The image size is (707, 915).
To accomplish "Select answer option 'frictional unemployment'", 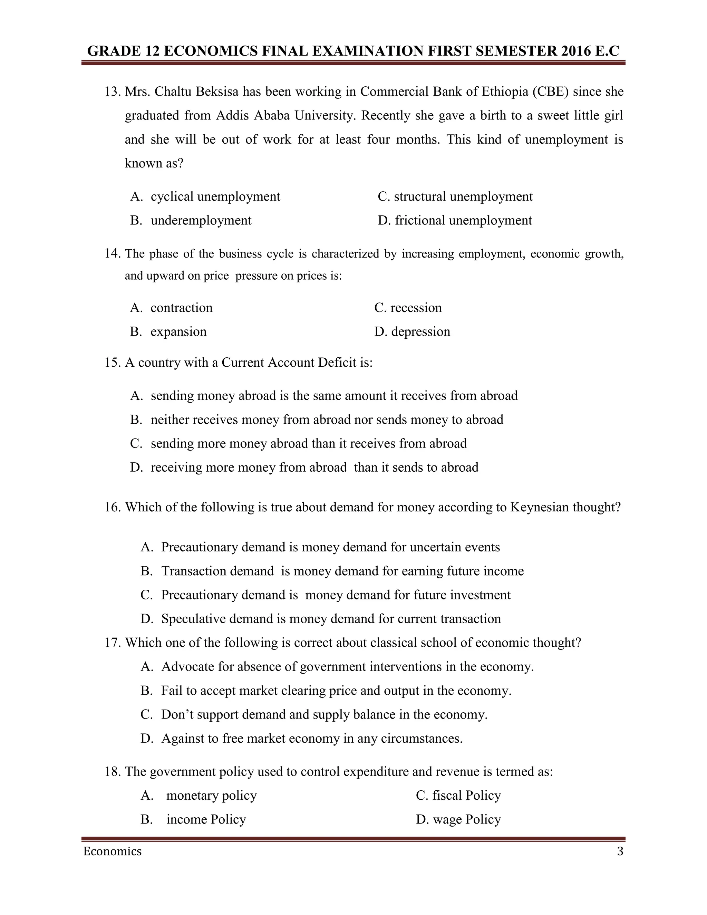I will (463, 220).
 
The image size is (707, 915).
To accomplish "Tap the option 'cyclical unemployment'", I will (215, 196).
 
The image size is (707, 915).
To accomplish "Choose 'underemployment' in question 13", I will (201, 220).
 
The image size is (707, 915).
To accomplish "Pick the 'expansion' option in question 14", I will (178, 331).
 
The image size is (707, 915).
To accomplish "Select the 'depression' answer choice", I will (420, 331).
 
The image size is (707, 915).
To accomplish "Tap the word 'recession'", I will (416, 308).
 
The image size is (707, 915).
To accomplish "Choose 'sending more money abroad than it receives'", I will (308, 443).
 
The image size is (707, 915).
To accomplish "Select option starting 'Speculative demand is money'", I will (330, 619).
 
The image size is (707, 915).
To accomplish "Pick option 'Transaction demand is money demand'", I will (342, 571).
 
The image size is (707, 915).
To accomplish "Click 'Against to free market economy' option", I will (312, 738).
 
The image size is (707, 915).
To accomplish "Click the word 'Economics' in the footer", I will (112, 852).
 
